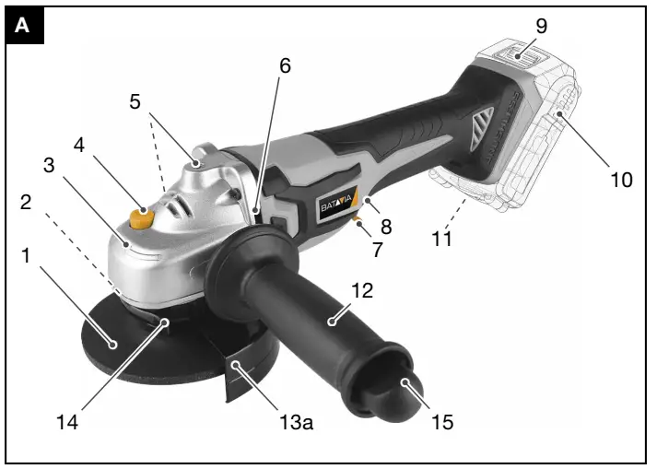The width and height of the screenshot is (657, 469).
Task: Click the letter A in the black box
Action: click(x=22, y=26)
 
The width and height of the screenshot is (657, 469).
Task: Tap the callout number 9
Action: click(x=542, y=26)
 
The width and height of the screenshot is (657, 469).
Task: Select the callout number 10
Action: click(x=621, y=179)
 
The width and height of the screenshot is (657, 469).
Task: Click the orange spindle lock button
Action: click(x=141, y=218)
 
